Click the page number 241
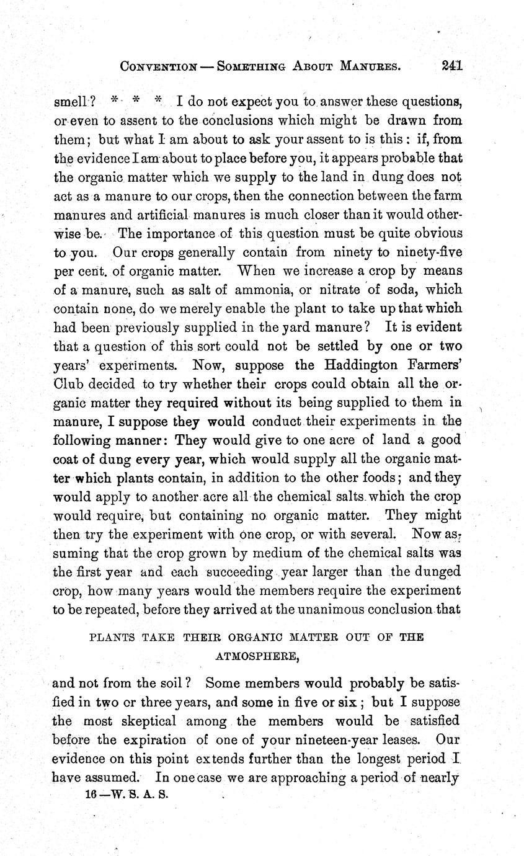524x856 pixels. click(453, 65)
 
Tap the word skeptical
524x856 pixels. click(146, 721)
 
